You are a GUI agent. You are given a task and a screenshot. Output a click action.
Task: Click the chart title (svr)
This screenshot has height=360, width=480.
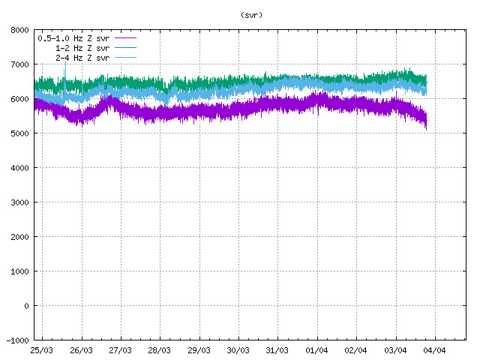point(252,14)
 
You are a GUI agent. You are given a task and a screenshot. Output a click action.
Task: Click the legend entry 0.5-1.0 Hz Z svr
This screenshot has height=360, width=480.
point(73,37)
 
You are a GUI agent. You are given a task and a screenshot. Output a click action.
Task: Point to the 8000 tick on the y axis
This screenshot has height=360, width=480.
point(20,30)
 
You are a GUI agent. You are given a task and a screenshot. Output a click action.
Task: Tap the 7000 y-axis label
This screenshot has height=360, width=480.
point(20,64)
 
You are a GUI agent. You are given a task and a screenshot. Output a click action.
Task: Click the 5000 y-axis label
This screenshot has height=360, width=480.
point(20,133)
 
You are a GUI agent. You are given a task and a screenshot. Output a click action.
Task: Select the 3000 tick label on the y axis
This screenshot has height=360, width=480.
point(20,202)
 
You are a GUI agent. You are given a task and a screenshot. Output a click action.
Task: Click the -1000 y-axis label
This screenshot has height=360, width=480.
point(18,340)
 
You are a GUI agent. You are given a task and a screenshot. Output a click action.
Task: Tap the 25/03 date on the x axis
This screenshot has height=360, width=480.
point(42,350)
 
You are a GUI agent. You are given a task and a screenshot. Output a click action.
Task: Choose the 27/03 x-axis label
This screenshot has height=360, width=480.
point(120,350)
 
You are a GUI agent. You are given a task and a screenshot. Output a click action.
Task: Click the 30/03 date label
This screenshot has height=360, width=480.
point(238,350)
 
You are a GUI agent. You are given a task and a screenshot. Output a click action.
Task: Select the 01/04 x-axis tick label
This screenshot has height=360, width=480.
point(316,350)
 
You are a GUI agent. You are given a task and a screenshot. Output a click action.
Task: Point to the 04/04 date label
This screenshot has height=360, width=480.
point(434,350)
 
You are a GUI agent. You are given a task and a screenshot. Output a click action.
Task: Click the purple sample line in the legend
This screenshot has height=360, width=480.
point(125,37)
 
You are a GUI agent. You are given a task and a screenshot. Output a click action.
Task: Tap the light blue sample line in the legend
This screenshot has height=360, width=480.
point(125,57)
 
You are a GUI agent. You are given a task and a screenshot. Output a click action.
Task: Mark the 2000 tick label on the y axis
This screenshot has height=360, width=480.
point(20,237)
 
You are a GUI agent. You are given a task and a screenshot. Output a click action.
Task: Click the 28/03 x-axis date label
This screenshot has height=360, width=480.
point(160,350)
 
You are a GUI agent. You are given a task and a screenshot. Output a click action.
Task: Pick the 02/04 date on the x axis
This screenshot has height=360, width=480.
point(355,350)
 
